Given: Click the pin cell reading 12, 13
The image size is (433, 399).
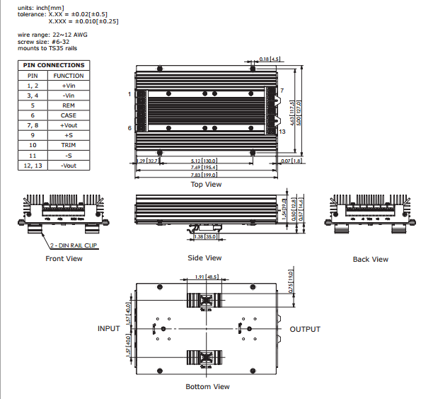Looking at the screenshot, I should (x=33, y=165).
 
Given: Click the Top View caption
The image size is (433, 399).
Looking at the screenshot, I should (x=207, y=185).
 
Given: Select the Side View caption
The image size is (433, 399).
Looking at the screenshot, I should (x=204, y=258).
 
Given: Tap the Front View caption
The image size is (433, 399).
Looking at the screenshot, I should (x=64, y=259).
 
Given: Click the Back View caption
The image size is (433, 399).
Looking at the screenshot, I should (x=370, y=260).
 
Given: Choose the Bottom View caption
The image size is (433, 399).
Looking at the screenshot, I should (x=207, y=386).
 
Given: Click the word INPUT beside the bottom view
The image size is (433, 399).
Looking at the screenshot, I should (x=108, y=329).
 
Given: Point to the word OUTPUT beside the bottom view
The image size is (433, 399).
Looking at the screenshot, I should (x=305, y=329).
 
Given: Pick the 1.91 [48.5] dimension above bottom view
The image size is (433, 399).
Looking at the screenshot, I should (x=206, y=278).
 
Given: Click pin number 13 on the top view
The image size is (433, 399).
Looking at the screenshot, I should (x=282, y=132).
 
